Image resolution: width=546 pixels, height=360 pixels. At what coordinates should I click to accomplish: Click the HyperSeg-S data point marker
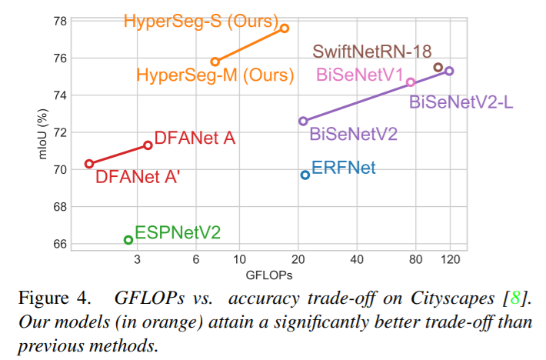[285, 28]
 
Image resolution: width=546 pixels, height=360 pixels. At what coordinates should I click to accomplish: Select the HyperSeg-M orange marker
[215, 62]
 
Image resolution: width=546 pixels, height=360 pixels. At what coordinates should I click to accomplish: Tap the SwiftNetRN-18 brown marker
[438, 68]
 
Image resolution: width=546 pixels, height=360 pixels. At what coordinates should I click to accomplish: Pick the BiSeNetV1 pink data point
[411, 82]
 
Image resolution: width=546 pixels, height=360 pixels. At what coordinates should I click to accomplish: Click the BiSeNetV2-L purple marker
[450, 71]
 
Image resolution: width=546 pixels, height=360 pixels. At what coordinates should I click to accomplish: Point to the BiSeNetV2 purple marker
[303, 121]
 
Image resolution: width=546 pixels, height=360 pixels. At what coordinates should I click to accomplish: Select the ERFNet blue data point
[305, 175]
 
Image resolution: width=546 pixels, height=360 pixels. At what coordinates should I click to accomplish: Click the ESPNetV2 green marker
[128, 240]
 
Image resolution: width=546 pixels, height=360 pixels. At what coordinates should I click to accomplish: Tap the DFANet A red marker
[148, 145]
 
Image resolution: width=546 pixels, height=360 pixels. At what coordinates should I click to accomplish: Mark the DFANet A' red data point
[89, 164]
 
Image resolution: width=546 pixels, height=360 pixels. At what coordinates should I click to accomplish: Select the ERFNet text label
[343, 167]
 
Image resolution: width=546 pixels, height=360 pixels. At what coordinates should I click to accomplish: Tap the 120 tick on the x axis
[451, 259]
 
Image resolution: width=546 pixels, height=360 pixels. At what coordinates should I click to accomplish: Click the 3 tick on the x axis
[137, 259]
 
